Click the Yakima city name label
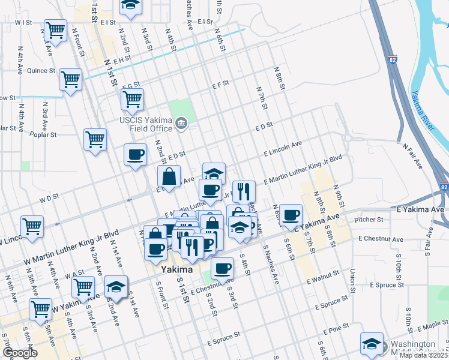177,270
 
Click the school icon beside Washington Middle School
372,344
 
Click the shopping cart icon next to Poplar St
95,139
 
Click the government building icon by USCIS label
181,125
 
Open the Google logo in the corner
19,353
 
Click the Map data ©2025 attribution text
423,355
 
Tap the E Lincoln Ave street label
283,149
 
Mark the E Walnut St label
324,279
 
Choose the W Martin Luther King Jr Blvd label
72,240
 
